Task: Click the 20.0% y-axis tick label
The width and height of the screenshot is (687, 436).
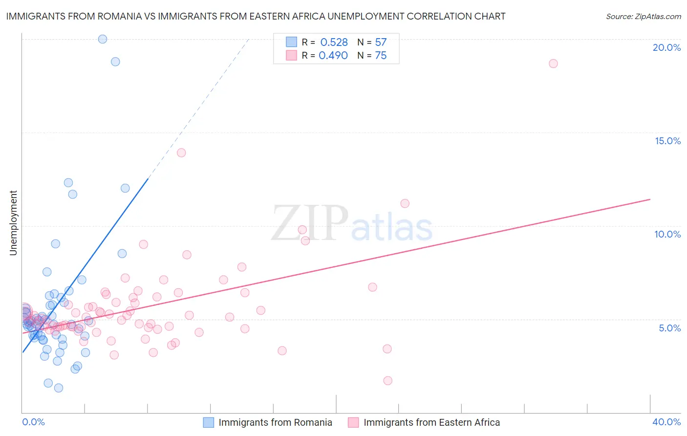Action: click(666, 47)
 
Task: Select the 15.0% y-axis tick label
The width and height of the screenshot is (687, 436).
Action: click(667, 141)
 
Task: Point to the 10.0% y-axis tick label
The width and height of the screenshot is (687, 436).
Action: click(667, 234)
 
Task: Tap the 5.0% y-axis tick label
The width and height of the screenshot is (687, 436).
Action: click(669, 328)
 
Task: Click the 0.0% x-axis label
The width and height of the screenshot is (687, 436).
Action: click(33, 422)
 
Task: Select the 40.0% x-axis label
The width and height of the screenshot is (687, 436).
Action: click(666, 422)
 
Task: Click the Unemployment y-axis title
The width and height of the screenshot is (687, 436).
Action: click(13, 223)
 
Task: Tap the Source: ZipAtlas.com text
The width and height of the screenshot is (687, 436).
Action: click(643, 16)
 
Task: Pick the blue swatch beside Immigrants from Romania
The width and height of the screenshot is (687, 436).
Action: click(209, 422)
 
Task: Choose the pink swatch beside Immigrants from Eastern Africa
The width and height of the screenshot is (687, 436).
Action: click(353, 422)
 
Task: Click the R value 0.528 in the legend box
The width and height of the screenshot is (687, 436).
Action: click(334, 43)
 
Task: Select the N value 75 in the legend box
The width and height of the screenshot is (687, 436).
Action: click(381, 56)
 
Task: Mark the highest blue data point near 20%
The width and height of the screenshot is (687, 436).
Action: click(103, 39)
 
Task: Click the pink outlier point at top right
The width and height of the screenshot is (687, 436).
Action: click(553, 64)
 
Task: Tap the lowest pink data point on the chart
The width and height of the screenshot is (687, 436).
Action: click(388, 381)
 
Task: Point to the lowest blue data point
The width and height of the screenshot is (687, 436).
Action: click(59, 388)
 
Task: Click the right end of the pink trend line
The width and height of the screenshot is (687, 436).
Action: click(649, 199)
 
